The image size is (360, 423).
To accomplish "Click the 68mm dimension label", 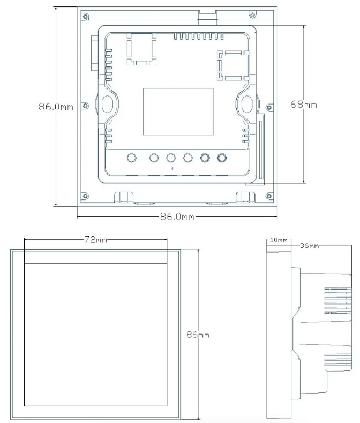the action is [x=304, y=104].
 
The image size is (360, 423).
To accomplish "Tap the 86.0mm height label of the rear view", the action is [x=56, y=107].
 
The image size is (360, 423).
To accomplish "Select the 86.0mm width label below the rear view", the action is [x=177, y=217].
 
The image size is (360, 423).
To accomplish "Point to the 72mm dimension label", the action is [x=96, y=239].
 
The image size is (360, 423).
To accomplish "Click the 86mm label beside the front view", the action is [x=198, y=335].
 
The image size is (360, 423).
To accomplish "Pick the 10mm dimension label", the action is [x=279, y=240].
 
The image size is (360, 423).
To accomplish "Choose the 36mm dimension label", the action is [x=309, y=246].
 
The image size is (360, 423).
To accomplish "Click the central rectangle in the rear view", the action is [x=178, y=112].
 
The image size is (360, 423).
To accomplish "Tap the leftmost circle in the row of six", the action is [x=132, y=158].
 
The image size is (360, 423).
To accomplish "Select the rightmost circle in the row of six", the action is [x=222, y=158].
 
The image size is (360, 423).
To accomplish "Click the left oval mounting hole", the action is [x=107, y=103].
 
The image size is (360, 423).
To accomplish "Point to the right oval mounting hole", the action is [x=246, y=103].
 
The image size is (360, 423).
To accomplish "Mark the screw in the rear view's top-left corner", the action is [x=86, y=17].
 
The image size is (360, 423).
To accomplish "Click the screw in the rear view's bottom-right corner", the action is [x=269, y=196].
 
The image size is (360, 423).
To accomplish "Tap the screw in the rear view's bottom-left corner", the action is [x=85, y=196].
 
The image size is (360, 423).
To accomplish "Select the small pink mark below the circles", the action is [x=172, y=168].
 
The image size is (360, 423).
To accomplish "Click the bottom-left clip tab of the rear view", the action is [x=124, y=197].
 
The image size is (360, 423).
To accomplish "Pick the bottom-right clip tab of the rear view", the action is [x=245, y=197].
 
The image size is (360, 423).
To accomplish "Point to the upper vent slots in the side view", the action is [x=338, y=301].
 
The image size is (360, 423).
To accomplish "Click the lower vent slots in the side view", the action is [x=338, y=360].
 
